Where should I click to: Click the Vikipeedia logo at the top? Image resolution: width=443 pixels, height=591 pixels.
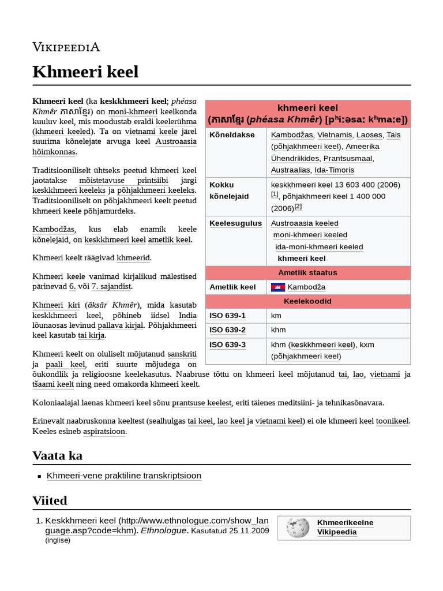click(x=66, y=47)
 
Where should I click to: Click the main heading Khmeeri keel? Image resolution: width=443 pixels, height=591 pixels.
click(x=85, y=72)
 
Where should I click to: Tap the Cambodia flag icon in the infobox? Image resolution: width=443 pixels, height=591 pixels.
click(x=277, y=287)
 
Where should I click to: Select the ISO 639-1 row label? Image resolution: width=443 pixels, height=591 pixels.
click(x=227, y=315)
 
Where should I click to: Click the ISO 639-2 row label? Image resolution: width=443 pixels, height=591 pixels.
click(x=227, y=330)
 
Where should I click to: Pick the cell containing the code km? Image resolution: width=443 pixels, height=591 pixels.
click(x=276, y=315)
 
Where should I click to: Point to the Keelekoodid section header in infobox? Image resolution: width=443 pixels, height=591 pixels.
click(x=307, y=301)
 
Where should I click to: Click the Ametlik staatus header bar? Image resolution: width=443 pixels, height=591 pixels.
click(x=307, y=272)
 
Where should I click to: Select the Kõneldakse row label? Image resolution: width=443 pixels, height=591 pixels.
click(x=232, y=134)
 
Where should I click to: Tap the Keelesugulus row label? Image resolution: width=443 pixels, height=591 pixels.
click(x=235, y=223)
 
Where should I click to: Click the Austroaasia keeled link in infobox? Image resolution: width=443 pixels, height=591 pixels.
click(x=305, y=223)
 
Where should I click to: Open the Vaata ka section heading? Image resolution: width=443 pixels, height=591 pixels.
click(x=58, y=455)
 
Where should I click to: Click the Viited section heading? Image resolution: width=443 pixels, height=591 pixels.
click(x=50, y=500)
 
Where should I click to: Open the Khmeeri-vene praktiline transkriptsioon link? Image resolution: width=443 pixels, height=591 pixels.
click(x=124, y=476)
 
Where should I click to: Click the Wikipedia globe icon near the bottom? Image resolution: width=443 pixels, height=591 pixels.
click(x=298, y=527)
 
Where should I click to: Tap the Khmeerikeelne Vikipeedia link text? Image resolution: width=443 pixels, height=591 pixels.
click(x=345, y=527)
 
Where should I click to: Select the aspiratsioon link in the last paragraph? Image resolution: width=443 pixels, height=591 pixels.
click(x=104, y=431)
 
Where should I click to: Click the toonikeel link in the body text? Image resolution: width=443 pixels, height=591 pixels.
click(x=392, y=421)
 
